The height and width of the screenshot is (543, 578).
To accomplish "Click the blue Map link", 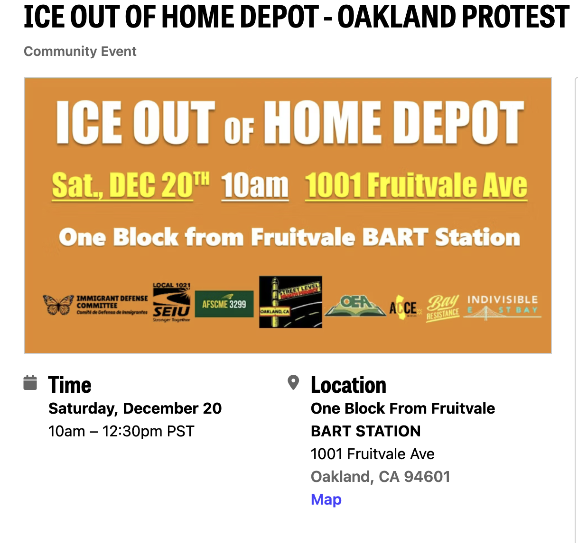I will coord(326,499).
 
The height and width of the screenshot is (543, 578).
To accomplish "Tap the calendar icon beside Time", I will coord(30,383).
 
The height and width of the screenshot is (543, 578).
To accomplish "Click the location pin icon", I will coord(294,382).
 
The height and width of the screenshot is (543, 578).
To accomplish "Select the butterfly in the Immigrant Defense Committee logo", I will coord(59,305).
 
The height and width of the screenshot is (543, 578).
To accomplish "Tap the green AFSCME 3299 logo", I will coord(224,304).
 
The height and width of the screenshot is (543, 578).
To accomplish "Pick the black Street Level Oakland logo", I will coord(290,302).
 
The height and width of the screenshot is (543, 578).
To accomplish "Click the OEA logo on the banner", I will coord(355,304).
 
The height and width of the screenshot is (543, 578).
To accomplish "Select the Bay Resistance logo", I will coord(443,308).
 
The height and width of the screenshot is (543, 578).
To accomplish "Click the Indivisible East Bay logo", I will coord(502,306).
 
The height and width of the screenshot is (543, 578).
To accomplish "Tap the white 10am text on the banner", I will coord(255,185).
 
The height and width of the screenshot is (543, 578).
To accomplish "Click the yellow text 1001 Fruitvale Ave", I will coord(416,185).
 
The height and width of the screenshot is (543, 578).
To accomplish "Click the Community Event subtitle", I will coord(80,51).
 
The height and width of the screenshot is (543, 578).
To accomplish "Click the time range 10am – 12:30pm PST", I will coord(121,431).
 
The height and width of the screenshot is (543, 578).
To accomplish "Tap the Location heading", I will coord(348,385).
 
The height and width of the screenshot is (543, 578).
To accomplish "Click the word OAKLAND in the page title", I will coord(397,17).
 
